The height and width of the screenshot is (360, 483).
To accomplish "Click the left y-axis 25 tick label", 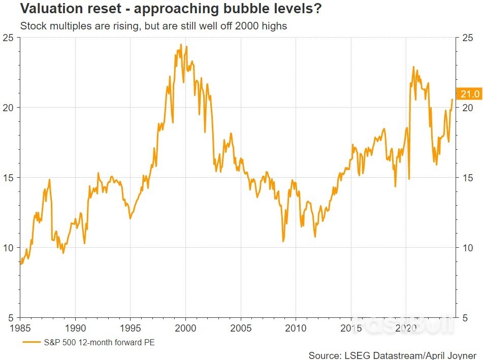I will click(9, 38).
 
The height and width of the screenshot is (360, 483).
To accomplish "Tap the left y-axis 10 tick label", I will click(9, 248).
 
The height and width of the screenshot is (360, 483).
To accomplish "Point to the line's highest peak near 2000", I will click(181, 44).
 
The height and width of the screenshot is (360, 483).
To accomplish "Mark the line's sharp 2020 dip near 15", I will click(409, 179).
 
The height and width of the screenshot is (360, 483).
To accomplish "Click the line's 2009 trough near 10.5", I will click(283, 241).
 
